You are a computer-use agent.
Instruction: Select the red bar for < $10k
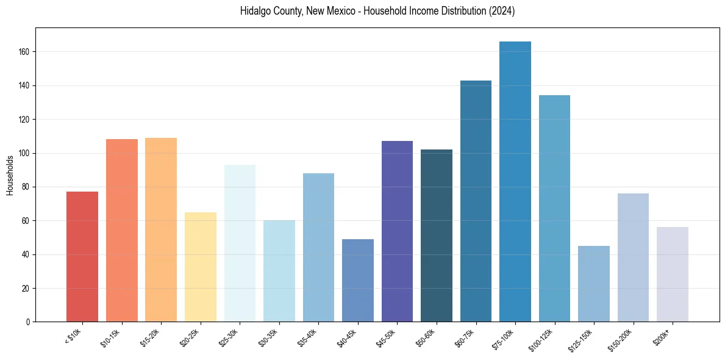[82, 256]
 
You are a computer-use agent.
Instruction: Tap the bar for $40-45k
[358, 280]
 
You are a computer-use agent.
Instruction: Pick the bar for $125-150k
[594, 284]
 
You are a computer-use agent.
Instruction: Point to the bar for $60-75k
[476, 201]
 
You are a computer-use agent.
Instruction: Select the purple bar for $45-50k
[397, 231]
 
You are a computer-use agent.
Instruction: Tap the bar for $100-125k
[554, 208]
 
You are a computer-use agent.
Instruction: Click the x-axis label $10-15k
[111, 337]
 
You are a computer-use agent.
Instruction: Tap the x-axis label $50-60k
[426, 337]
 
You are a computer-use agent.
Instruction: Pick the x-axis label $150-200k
[621, 339]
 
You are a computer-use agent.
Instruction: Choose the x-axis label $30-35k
[268, 337]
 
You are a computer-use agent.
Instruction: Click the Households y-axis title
[10, 175]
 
